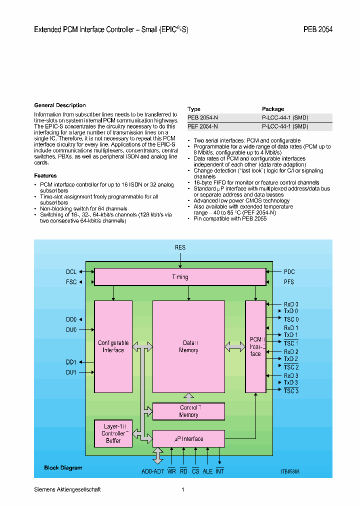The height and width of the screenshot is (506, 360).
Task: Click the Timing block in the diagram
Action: pos(180,277)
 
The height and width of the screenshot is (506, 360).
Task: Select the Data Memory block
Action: pos(188,346)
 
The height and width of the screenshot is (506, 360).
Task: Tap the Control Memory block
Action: pos(188,411)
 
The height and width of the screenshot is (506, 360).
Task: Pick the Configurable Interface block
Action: pos(113,346)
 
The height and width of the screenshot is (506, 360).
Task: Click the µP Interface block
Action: pos(188,439)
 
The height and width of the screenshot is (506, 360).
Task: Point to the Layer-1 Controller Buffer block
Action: pos(113,433)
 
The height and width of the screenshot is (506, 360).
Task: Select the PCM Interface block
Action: pos(255,346)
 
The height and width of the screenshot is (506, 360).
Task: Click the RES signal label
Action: pos(180,247)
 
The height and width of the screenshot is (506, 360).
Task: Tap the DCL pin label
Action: pos(71,272)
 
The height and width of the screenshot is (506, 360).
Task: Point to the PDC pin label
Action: pos(289,272)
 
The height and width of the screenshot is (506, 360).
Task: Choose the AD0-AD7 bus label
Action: pos(152,471)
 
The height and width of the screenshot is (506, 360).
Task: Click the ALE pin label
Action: pos(207,471)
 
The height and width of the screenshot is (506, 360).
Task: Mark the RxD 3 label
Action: pos(291,376)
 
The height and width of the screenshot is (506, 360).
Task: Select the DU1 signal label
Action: pos(71,372)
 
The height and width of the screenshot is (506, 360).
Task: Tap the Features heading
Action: pos(45,175)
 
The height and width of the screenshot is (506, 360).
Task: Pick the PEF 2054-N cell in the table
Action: pos(202,126)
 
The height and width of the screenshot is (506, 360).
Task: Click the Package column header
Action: pos(273,109)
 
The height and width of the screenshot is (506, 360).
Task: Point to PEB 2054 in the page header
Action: pos(317,29)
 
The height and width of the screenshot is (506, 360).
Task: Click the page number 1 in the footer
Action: pos(183,489)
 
